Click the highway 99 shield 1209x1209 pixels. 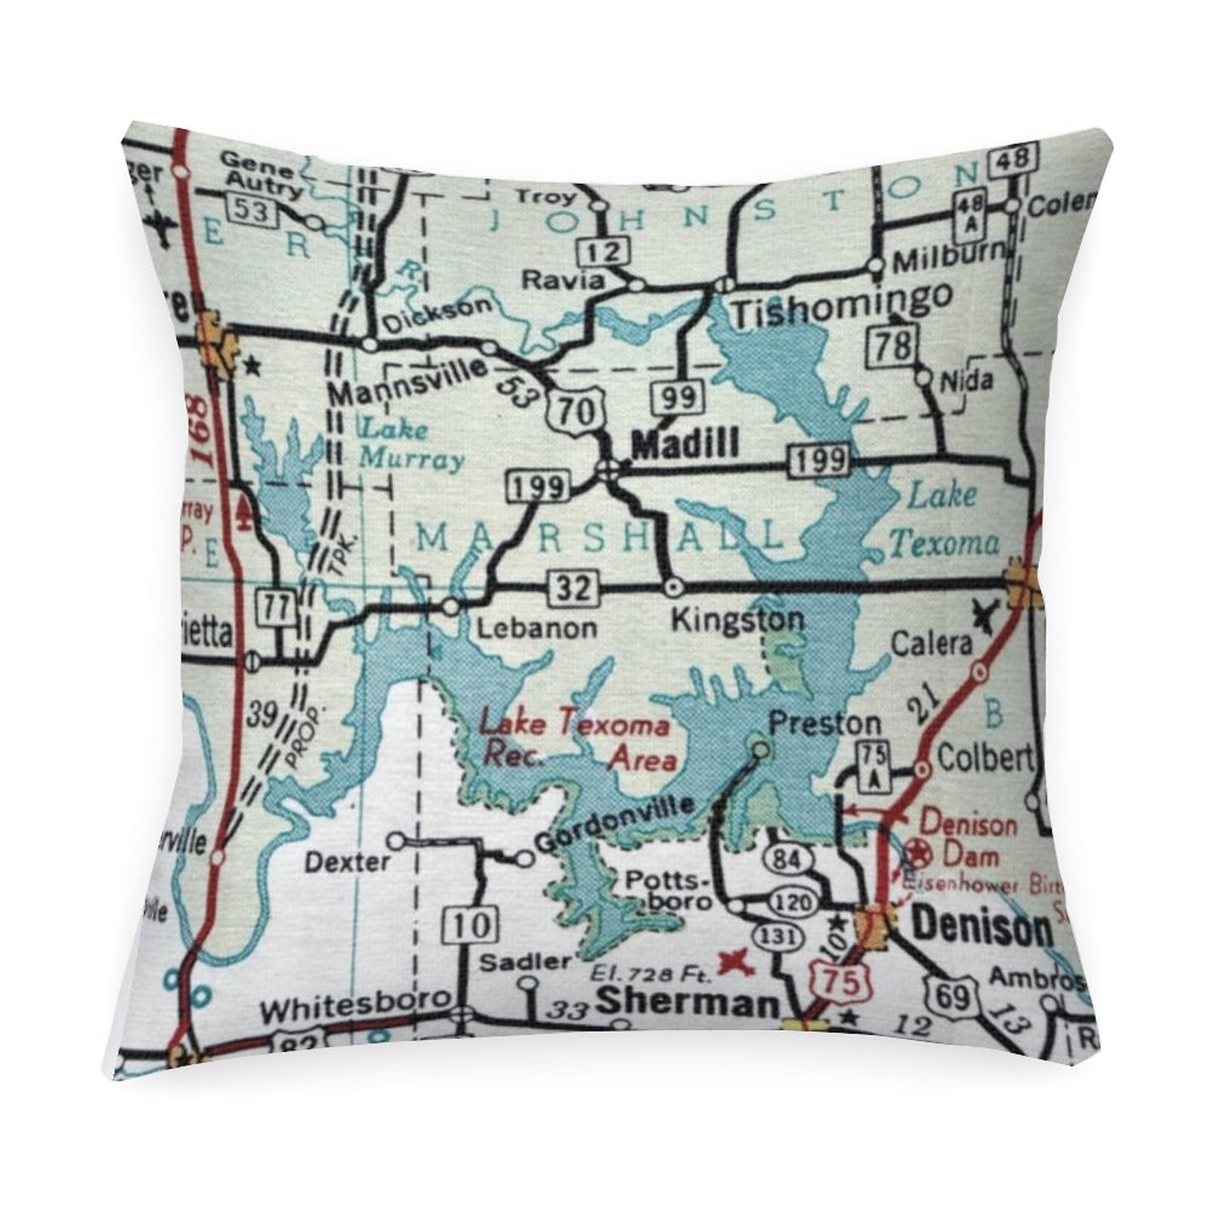point(676,397)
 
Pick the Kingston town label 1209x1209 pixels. point(737,620)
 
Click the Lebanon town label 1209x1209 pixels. point(537,627)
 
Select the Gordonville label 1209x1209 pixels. point(614,824)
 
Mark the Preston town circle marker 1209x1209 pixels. point(761,749)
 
